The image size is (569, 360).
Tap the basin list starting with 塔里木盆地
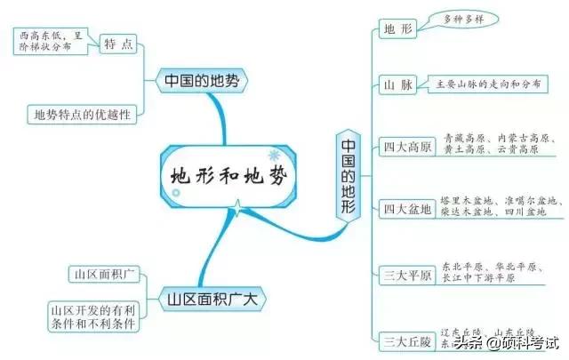[x=502, y=208]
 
